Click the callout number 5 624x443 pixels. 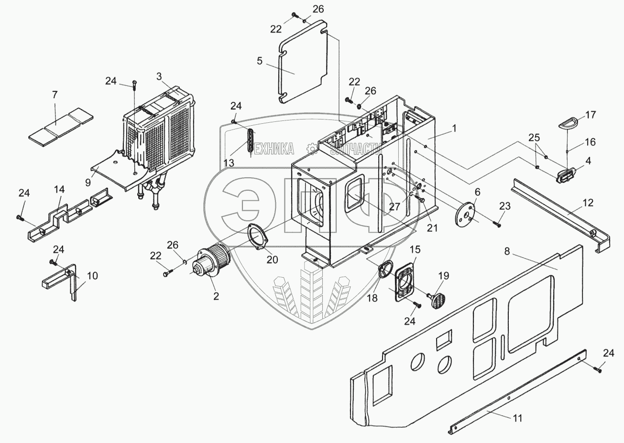pyautogui.click(x=260, y=61)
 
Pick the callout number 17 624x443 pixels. pyautogui.click(x=591, y=115)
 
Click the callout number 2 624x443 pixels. pyautogui.click(x=216, y=296)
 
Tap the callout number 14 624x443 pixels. pyautogui.click(x=59, y=189)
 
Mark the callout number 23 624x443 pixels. pyautogui.click(x=505, y=206)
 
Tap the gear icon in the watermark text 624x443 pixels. pyautogui.click(x=312, y=150)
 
